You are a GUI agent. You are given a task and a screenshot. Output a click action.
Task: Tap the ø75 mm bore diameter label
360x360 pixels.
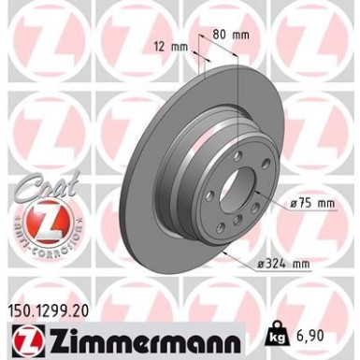(311, 200)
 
